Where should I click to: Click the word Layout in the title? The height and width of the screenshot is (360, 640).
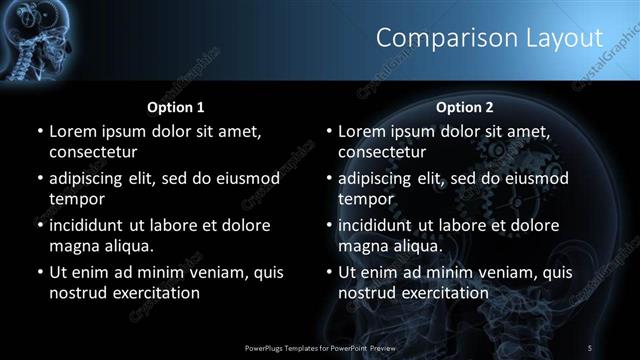pyautogui.click(x=566, y=38)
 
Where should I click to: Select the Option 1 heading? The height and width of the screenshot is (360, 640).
pyautogui.click(x=176, y=106)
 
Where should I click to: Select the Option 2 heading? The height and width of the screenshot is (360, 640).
pyautogui.click(x=465, y=106)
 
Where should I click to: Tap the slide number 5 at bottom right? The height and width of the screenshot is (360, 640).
pyautogui.click(x=591, y=347)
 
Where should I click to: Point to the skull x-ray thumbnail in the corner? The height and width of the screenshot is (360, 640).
pyautogui.click(x=30, y=40)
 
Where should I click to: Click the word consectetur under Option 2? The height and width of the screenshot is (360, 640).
pyautogui.click(x=381, y=152)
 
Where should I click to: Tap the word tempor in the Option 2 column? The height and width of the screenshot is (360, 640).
pyautogui.click(x=362, y=199)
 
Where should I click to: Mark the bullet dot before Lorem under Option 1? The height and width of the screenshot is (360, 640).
pyautogui.click(x=40, y=131)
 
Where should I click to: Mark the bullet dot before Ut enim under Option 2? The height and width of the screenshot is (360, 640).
pyautogui.click(x=329, y=272)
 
